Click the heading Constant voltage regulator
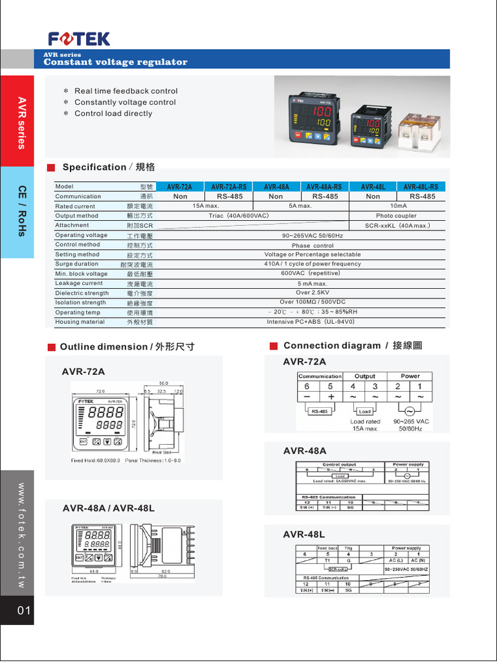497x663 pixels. tap(115, 62)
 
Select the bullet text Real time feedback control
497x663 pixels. tap(126, 91)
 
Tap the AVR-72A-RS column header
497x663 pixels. tap(229, 186)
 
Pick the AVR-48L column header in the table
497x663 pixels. tap(373, 186)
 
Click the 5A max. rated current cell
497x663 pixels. tap(300, 206)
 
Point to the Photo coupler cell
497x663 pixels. tap(396, 216)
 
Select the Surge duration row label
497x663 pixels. tap(77, 264)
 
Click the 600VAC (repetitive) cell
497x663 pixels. tap(302, 273)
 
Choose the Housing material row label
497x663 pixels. tap(80, 322)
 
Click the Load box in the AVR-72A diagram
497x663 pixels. tap(365, 411)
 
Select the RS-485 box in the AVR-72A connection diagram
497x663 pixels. tap(319, 411)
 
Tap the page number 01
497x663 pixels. tap(25, 611)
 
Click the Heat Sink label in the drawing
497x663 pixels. tap(161, 452)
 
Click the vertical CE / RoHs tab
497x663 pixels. tap(21, 212)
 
